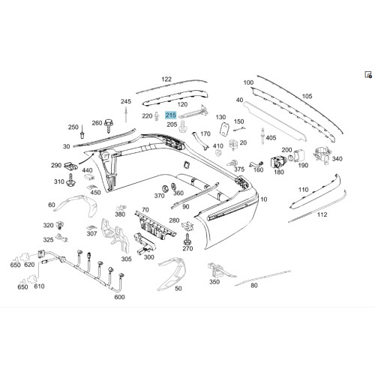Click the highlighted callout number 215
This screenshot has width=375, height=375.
(x=171, y=115)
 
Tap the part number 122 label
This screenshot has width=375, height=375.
(x=166, y=79)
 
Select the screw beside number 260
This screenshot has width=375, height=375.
(x=109, y=126)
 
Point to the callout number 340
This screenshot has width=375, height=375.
(x=337, y=159)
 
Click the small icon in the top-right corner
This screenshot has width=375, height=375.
(x=368, y=74)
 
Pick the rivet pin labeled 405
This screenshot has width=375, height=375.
(x=262, y=136)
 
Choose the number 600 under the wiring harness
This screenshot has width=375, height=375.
(x=119, y=297)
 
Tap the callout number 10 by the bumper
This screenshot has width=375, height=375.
(x=264, y=199)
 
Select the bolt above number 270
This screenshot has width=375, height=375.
(x=187, y=239)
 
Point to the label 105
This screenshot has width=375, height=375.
(x=307, y=96)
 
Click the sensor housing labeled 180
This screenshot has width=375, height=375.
(x=277, y=162)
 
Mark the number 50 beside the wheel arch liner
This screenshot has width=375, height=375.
(x=178, y=289)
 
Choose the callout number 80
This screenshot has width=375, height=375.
(x=254, y=285)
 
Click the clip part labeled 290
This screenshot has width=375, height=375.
(x=70, y=165)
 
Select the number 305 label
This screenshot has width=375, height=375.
(x=127, y=259)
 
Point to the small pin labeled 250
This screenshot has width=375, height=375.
(x=82, y=132)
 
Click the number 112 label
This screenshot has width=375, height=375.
(x=322, y=214)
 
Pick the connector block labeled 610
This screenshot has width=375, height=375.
(x=32, y=278)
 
